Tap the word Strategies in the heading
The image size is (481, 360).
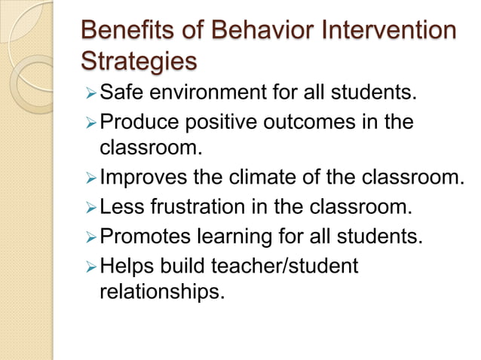137,60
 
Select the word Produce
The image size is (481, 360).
140,122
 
